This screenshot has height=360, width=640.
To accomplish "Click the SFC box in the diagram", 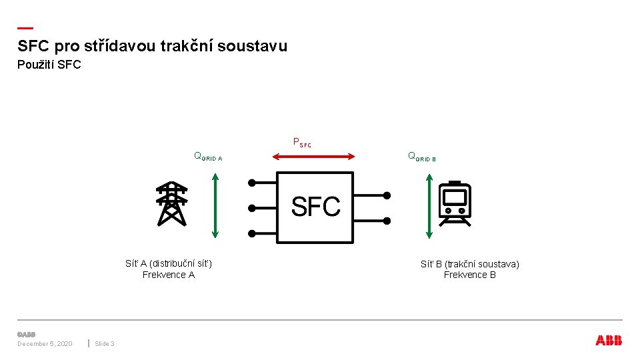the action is pyautogui.click(x=315, y=207).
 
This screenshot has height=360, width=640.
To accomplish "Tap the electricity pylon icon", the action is pyautogui.click(x=171, y=203).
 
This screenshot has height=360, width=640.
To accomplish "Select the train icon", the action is pyautogui.click(x=455, y=203).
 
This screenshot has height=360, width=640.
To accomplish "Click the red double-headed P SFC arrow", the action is pyautogui.click(x=313, y=156).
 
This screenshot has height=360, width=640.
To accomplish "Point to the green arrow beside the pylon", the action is pyautogui.click(x=215, y=205).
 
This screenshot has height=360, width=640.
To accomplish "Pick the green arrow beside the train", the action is pyautogui.click(x=429, y=205).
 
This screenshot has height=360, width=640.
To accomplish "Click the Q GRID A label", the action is pyautogui.click(x=207, y=157).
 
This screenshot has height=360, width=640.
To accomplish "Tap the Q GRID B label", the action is pyautogui.click(x=421, y=157).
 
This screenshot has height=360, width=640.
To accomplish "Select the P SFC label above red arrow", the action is pyautogui.click(x=302, y=142).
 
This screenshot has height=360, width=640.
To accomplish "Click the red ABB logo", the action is pyautogui.click(x=609, y=341).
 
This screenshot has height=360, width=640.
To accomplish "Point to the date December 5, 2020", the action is pyautogui.click(x=45, y=343).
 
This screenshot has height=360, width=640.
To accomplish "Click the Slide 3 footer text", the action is pyautogui.click(x=105, y=343).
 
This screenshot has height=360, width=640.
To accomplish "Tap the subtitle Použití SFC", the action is pyautogui.click(x=49, y=65).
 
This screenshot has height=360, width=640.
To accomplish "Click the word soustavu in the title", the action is pyautogui.click(x=254, y=46).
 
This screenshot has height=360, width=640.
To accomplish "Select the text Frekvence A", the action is pyautogui.click(x=169, y=275).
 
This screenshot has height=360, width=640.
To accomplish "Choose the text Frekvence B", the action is pyautogui.click(x=470, y=275).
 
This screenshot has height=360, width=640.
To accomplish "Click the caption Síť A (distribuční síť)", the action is pyautogui.click(x=169, y=263).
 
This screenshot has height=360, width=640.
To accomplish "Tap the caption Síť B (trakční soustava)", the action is pyautogui.click(x=470, y=264).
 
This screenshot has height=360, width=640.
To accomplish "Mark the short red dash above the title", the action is pyautogui.click(x=25, y=28).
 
